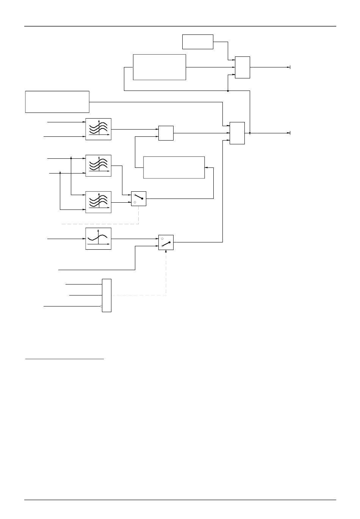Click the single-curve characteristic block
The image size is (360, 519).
[x=98, y=239]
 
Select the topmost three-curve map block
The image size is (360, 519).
[x=98, y=129]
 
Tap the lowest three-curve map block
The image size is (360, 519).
[x=98, y=202]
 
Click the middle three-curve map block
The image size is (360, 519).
[x=98, y=165]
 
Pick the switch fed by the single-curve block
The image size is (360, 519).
[x=166, y=242]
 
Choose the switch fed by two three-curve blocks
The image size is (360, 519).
[x=139, y=199]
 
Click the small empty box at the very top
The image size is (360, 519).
[x=197, y=42]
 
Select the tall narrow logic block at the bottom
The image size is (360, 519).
[x=106, y=295]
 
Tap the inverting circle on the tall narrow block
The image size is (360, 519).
[x=101, y=306]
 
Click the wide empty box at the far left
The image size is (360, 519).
[x=57, y=102]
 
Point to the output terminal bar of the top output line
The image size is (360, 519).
[x=290, y=67]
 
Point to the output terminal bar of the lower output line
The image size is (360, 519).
[x=290, y=133]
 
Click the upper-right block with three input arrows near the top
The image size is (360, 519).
[x=243, y=67]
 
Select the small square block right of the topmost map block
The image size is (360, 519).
[x=166, y=133]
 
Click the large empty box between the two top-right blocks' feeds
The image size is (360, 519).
[x=160, y=67]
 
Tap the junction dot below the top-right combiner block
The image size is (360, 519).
[x=228, y=91]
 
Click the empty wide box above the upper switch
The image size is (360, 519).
[x=174, y=167]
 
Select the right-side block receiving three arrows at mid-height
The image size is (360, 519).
[x=237, y=133]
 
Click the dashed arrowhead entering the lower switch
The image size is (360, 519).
[x=166, y=251]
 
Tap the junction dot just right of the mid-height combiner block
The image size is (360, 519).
[x=250, y=133]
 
